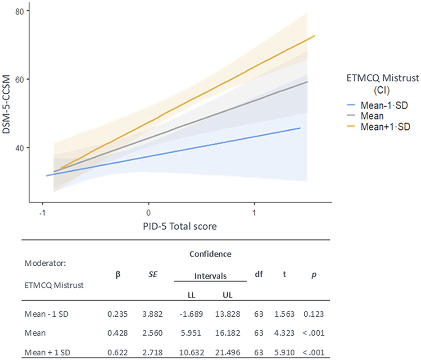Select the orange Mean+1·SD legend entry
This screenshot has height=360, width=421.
(385, 127)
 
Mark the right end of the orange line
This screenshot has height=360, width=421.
(314, 36)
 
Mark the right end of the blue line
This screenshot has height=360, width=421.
(300, 128)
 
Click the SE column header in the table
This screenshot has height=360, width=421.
(152, 273)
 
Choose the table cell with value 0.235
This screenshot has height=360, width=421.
(115, 313)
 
